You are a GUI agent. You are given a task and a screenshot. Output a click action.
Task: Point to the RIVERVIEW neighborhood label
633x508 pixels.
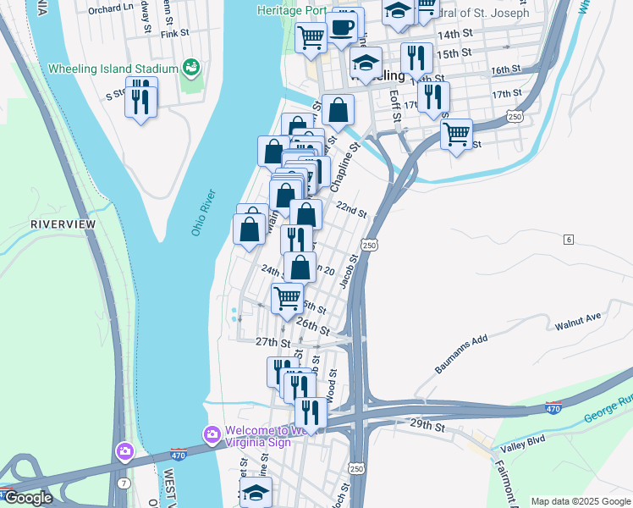pos(63,224)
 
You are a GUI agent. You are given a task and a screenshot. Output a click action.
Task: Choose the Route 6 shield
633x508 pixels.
pos(570,240)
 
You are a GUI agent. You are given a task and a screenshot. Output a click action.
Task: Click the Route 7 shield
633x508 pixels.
pos(124,483)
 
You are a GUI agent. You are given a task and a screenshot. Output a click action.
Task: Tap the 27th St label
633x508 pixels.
pos(272,342)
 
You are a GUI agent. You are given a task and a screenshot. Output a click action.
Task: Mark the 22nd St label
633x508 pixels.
pos(350,209)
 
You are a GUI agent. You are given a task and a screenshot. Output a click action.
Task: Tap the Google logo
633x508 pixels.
pos(27,497)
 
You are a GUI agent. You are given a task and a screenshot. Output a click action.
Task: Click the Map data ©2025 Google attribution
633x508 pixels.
pos(580,501)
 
